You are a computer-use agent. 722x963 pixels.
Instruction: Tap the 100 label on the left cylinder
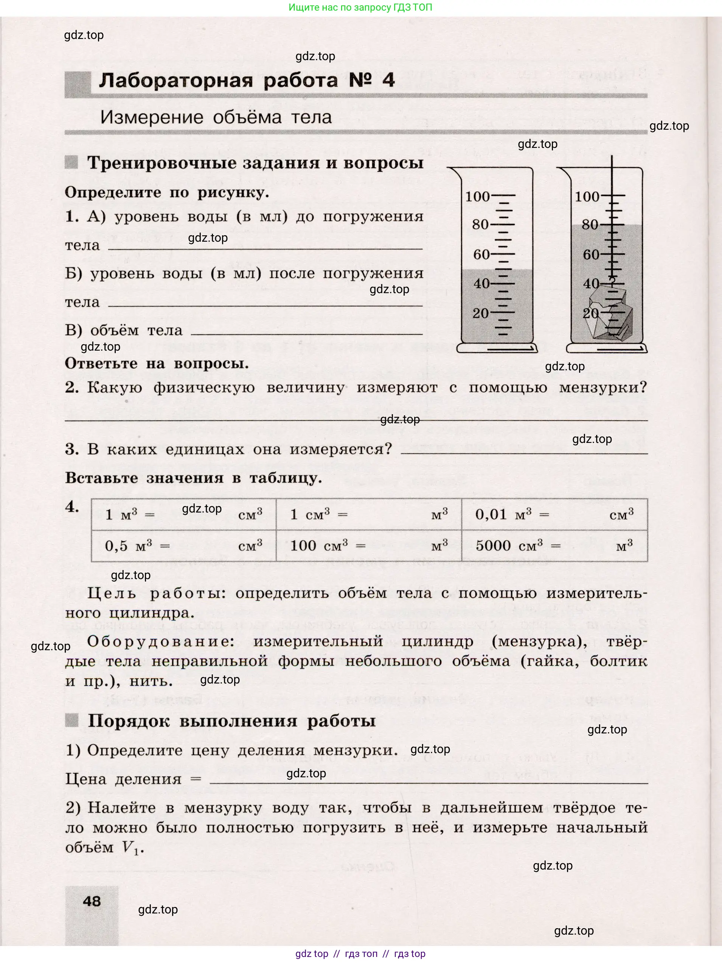click(x=477, y=196)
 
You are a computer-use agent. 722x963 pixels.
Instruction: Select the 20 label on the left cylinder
click(x=480, y=313)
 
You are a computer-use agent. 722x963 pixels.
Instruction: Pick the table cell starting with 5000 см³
click(x=554, y=545)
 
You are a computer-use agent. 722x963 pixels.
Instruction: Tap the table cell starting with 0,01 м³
click(x=554, y=514)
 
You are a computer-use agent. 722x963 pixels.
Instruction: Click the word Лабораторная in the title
click(x=175, y=81)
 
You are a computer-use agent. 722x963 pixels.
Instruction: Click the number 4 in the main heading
click(x=388, y=80)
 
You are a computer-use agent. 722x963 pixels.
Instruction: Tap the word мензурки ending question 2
click(x=603, y=387)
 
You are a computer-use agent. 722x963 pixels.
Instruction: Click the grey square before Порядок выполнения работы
click(x=71, y=720)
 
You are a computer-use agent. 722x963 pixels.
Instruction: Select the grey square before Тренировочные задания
click(x=71, y=162)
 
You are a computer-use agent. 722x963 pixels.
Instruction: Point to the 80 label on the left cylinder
click(x=480, y=225)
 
